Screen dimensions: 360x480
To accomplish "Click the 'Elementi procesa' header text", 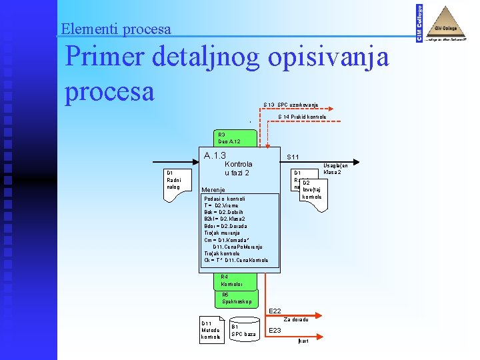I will (115, 29).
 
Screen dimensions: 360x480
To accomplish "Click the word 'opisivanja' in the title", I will (328, 59).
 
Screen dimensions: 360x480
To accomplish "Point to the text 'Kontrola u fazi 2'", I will (238, 168).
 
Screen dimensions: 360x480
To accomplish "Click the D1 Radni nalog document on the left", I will (177, 182).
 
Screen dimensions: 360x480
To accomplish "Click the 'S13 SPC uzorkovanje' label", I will (290, 105).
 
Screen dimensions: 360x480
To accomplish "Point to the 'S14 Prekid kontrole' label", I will (302, 117).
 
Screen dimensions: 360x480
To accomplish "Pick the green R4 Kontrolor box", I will (231, 281).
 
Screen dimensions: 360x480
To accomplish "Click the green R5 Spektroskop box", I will (237, 298).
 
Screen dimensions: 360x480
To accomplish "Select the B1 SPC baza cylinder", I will (243, 330).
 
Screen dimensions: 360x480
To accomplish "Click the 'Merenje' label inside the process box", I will (214, 189).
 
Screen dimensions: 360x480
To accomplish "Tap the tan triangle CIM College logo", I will (447, 24).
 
